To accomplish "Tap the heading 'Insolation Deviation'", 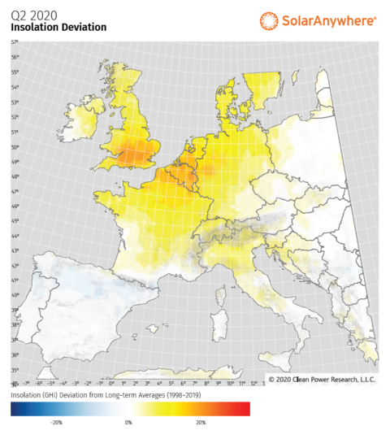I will (58, 27).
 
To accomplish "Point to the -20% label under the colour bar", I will (57, 423).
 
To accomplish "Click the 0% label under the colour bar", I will (128, 423).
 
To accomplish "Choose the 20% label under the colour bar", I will (200, 423).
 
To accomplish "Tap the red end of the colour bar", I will (244, 409).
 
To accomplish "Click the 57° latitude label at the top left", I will (14, 41).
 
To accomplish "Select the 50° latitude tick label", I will (14, 147).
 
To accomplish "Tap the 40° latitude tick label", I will (14, 295).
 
